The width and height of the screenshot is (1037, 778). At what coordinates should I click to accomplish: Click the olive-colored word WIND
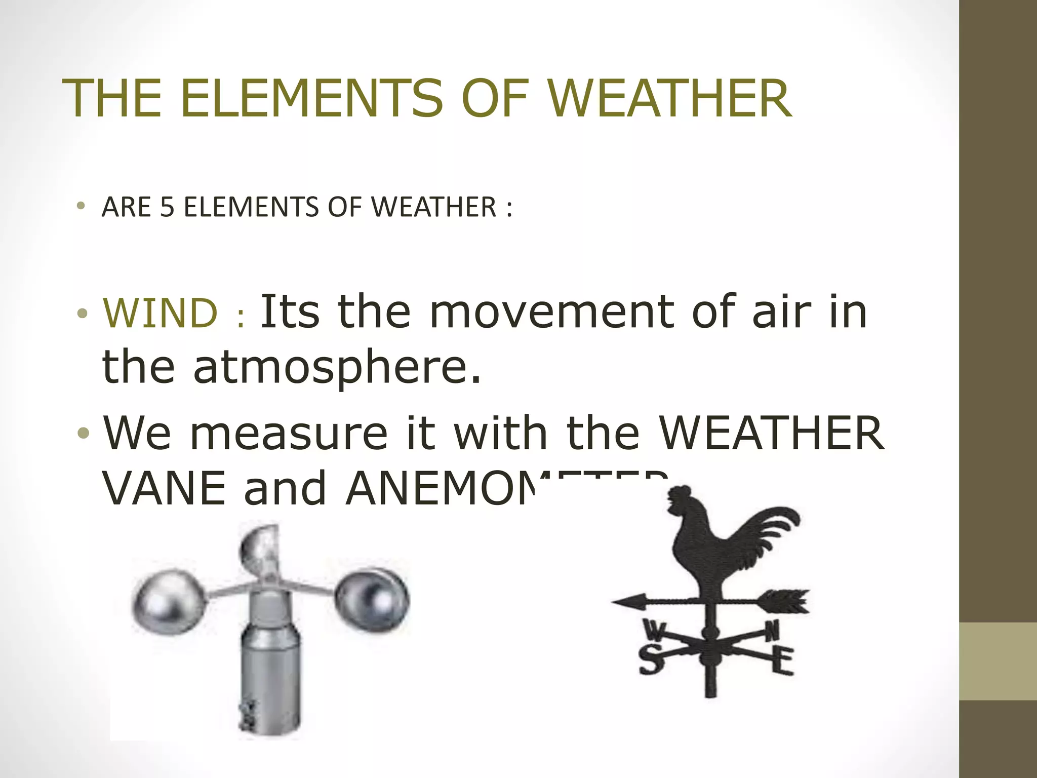pyautogui.click(x=160, y=313)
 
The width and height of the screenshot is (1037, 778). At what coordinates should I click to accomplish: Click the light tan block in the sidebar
pyautogui.click(x=998, y=661)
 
